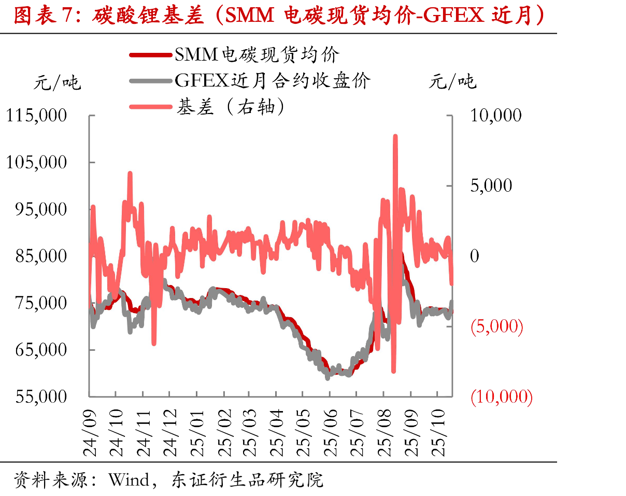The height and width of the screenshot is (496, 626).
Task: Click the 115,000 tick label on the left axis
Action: click(x=36, y=116)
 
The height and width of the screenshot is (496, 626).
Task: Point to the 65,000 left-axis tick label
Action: click(x=41, y=350)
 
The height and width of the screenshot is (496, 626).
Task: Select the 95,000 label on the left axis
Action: click(x=41, y=209)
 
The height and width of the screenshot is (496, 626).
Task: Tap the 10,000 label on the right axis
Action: click(x=496, y=116)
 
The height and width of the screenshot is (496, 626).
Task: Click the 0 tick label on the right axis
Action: click(x=475, y=256)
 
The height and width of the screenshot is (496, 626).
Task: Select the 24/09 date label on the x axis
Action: click(x=89, y=433)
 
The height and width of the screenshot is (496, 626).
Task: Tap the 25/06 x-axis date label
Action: click(x=330, y=433)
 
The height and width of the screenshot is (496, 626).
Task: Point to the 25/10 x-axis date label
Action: click(x=438, y=433)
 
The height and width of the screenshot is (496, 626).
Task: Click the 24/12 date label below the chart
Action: click(x=170, y=433)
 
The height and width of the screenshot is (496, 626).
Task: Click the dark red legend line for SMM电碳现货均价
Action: click(x=151, y=55)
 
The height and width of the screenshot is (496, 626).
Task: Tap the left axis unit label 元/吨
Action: click(x=58, y=82)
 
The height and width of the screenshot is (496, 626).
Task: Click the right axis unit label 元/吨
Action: click(x=453, y=81)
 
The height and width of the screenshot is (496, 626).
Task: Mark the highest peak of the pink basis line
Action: click(x=395, y=136)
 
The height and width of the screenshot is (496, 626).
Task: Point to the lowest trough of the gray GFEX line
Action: click(x=328, y=378)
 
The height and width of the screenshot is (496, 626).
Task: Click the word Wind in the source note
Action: click(x=129, y=480)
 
